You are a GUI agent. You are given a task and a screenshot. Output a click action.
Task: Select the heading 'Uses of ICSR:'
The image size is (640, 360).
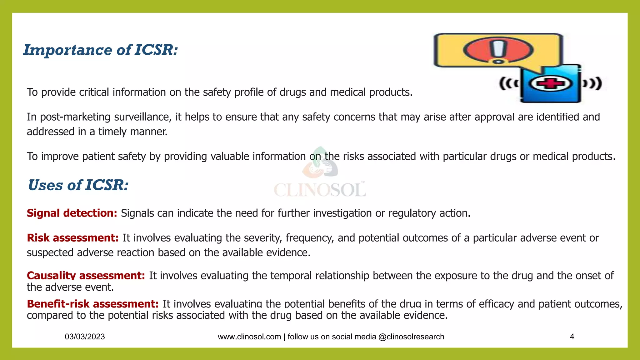(x=78, y=185)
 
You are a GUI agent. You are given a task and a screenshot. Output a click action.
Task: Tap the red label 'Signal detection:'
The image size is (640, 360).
(x=72, y=213)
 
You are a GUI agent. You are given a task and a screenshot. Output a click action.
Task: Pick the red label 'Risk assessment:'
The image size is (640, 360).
(x=72, y=238)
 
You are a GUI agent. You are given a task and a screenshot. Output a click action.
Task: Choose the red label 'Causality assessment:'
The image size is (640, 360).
(x=86, y=276)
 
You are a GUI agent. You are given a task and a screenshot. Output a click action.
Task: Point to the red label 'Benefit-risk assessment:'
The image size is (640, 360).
(x=92, y=304)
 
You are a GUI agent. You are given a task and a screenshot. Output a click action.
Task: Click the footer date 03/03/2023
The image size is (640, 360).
(x=85, y=337)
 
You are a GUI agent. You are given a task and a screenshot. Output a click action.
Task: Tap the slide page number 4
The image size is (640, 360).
(x=572, y=337)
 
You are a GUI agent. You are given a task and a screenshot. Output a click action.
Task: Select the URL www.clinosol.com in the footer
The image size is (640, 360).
(x=249, y=337)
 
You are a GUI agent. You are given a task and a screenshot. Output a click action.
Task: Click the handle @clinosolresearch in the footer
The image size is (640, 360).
(x=411, y=337)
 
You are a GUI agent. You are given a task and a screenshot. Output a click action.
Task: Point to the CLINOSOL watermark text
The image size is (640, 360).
(x=320, y=190)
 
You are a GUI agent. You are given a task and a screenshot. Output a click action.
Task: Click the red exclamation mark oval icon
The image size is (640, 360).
(x=498, y=50)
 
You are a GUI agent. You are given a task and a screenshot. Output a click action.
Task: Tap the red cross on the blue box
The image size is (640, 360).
(x=550, y=84)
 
